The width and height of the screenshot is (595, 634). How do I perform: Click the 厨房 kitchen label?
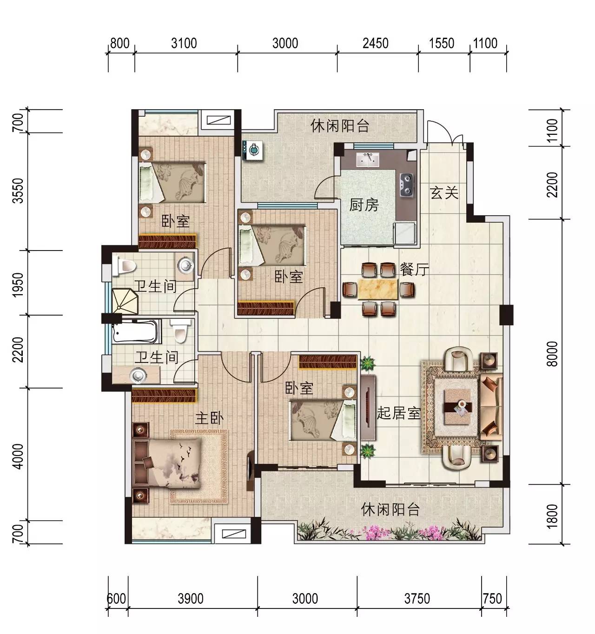click(364, 205)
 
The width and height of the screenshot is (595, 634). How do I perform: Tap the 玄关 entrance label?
click(444, 193)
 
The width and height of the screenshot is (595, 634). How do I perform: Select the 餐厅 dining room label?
click(414, 270)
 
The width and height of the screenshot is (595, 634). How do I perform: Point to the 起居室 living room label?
click(398, 413)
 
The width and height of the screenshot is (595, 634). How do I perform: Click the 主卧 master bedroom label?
click(209, 418)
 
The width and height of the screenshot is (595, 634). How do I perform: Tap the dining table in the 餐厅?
click(378, 290)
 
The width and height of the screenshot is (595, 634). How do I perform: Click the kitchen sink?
click(368, 159)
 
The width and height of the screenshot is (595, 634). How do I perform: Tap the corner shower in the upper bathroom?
click(125, 301)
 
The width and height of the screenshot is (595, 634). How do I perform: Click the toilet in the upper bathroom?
click(124, 266)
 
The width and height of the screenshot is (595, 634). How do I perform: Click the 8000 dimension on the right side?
click(552, 353)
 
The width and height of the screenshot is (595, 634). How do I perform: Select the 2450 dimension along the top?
click(376, 43)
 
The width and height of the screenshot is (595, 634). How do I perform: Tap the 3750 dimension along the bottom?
click(417, 599)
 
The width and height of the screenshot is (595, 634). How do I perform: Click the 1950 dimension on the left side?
click(18, 284)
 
